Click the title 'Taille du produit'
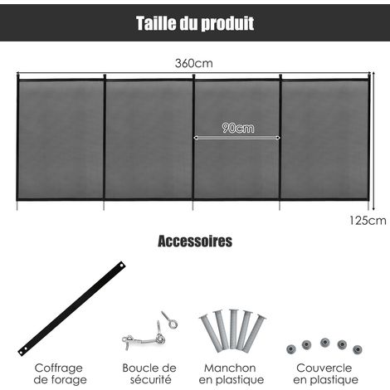[x=195, y=23]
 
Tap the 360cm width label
[x=194, y=63]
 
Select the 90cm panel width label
[x=238, y=128]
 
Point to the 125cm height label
[x=368, y=221]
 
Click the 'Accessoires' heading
[x=195, y=241]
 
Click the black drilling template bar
[x=71, y=309]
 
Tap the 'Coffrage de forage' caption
[x=60, y=374]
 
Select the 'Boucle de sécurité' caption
[x=149, y=374]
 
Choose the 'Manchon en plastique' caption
[x=232, y=374]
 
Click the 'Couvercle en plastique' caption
[x=325, y=374]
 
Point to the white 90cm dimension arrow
[x=236, y=138]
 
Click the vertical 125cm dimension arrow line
[x=373, y=141]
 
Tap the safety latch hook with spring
[x=144, y=337]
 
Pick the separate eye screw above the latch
[x=170, y=320]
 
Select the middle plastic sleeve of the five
[x=233, y=329]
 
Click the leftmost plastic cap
[x=290, y=349]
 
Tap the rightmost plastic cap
[x=357, y=349]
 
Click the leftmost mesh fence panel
[x=61, y=139]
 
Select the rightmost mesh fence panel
[x=325, y=139]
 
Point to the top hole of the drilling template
[x=120, y=265]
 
